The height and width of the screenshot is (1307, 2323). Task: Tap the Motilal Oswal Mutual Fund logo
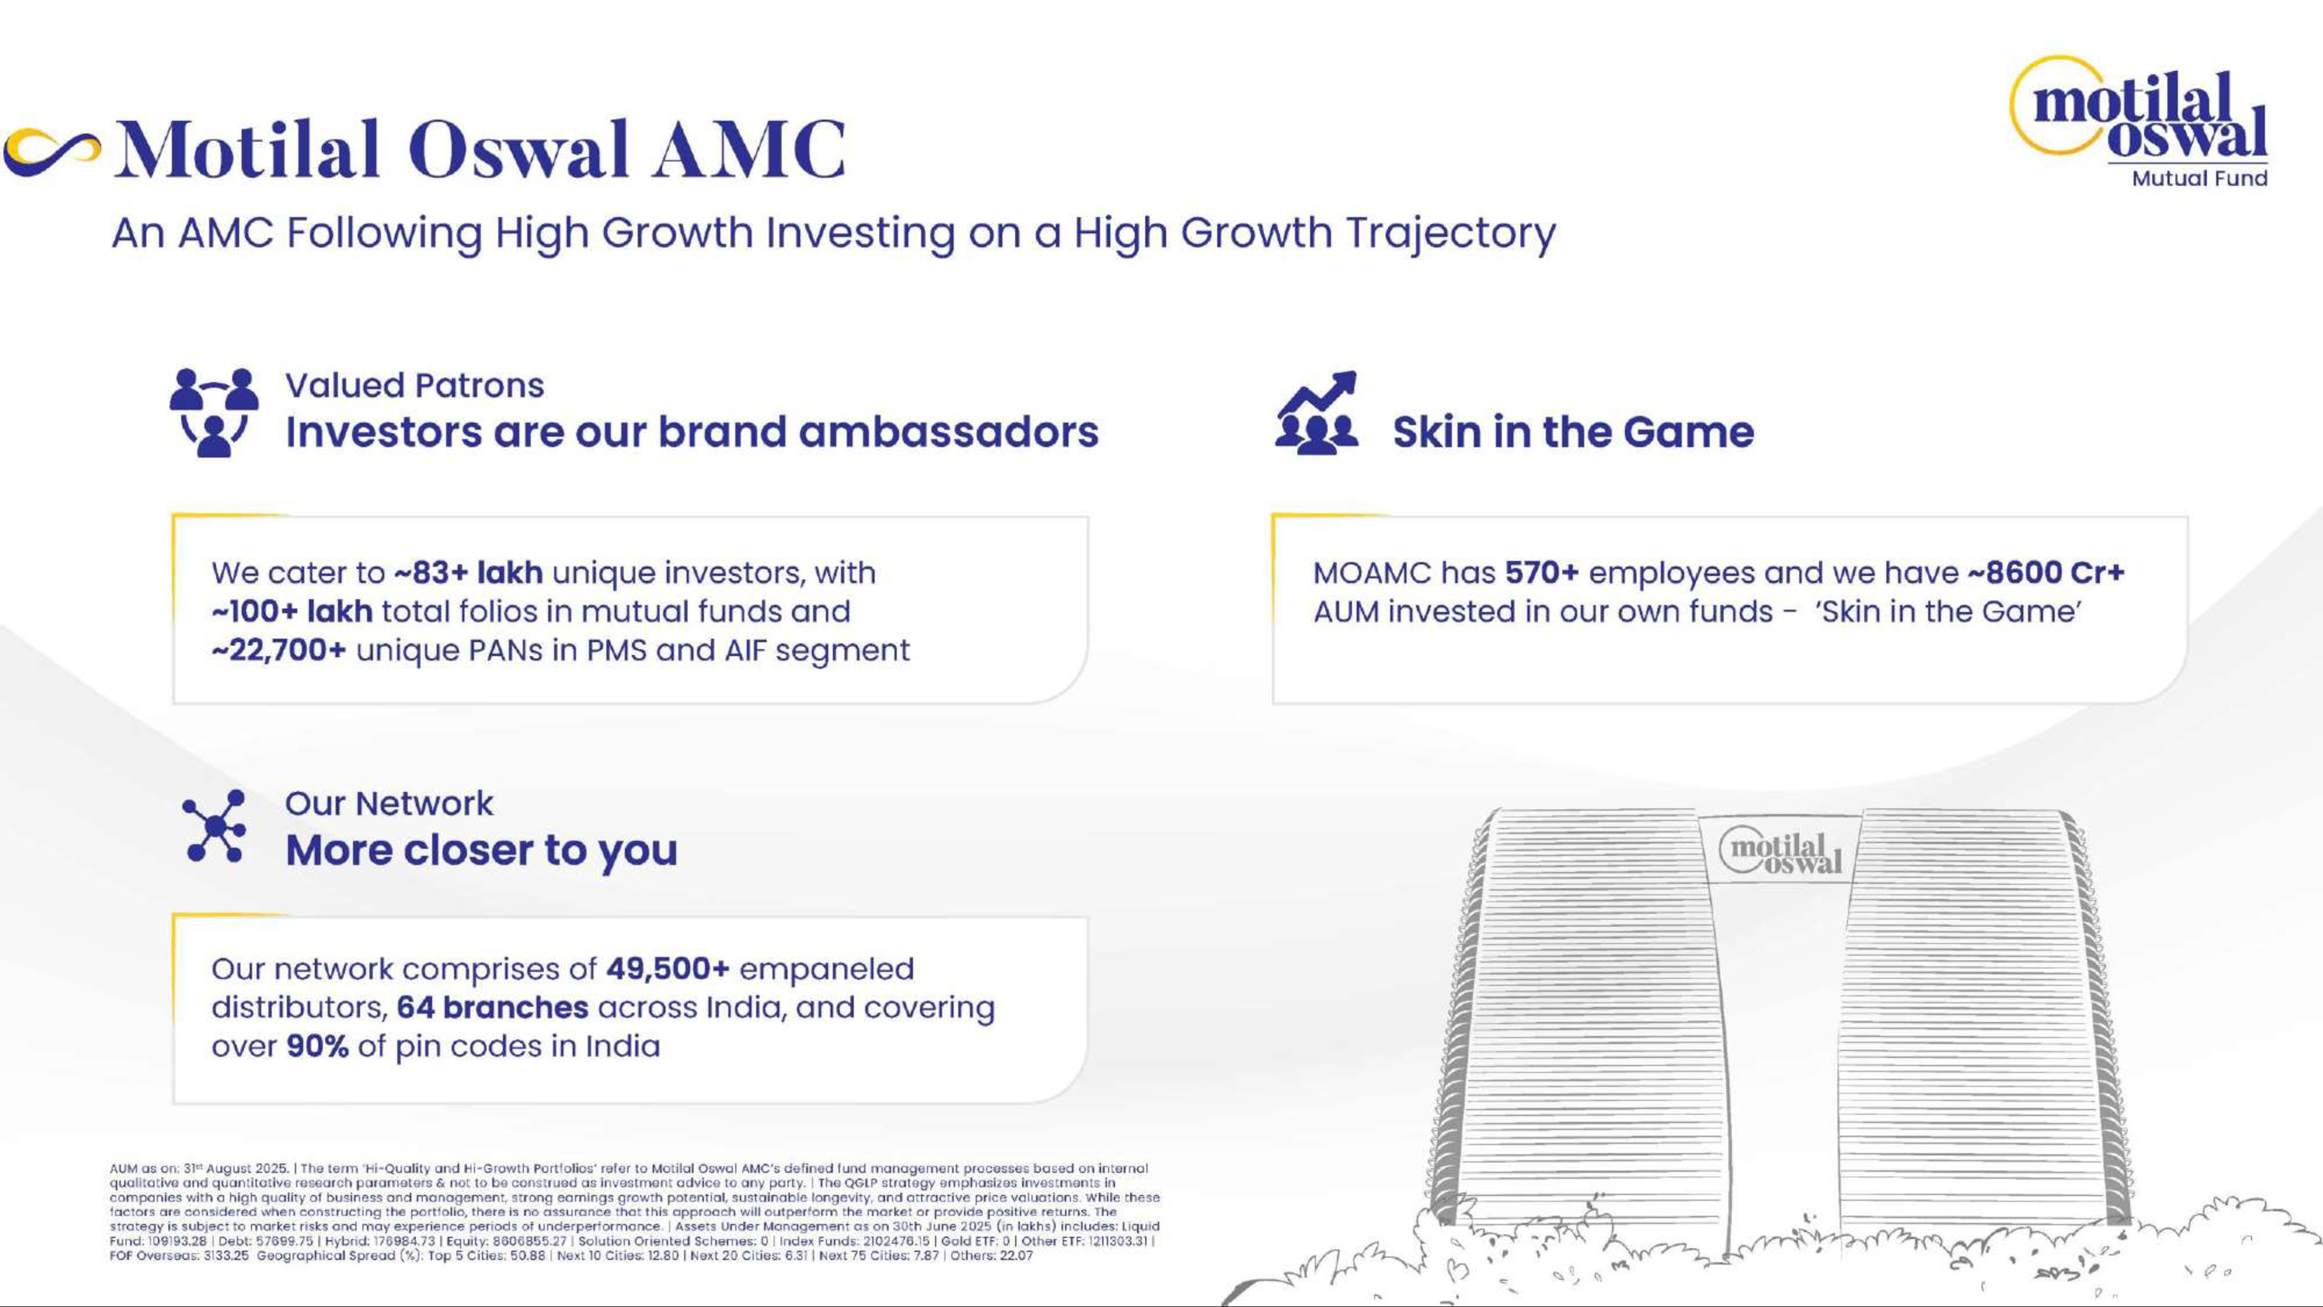(x=2139, y=123)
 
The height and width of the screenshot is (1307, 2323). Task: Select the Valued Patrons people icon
(x=214, y=412)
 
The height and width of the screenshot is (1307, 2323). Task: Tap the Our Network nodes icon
(x=214, y=827)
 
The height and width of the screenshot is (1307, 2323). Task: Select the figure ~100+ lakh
(x=292, y=612)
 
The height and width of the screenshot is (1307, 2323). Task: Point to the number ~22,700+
(x=279, y=651)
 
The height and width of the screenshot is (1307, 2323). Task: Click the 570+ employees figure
(x=1541, y=573)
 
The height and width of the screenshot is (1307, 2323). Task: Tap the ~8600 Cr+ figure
(x=2045, y=573)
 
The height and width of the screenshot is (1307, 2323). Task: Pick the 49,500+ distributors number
(x=667, y=969)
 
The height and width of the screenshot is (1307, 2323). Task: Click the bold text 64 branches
(x=492, y=1007)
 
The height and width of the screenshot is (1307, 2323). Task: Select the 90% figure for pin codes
(x=318, y=1046)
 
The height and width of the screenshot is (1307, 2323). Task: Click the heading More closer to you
(x=481, y=850)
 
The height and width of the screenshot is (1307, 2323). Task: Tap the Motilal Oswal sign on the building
(x=1781, y=852)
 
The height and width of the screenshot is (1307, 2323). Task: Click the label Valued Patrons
(x=415, y=385)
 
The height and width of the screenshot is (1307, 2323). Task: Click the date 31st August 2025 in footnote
(x=235, y=1168)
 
